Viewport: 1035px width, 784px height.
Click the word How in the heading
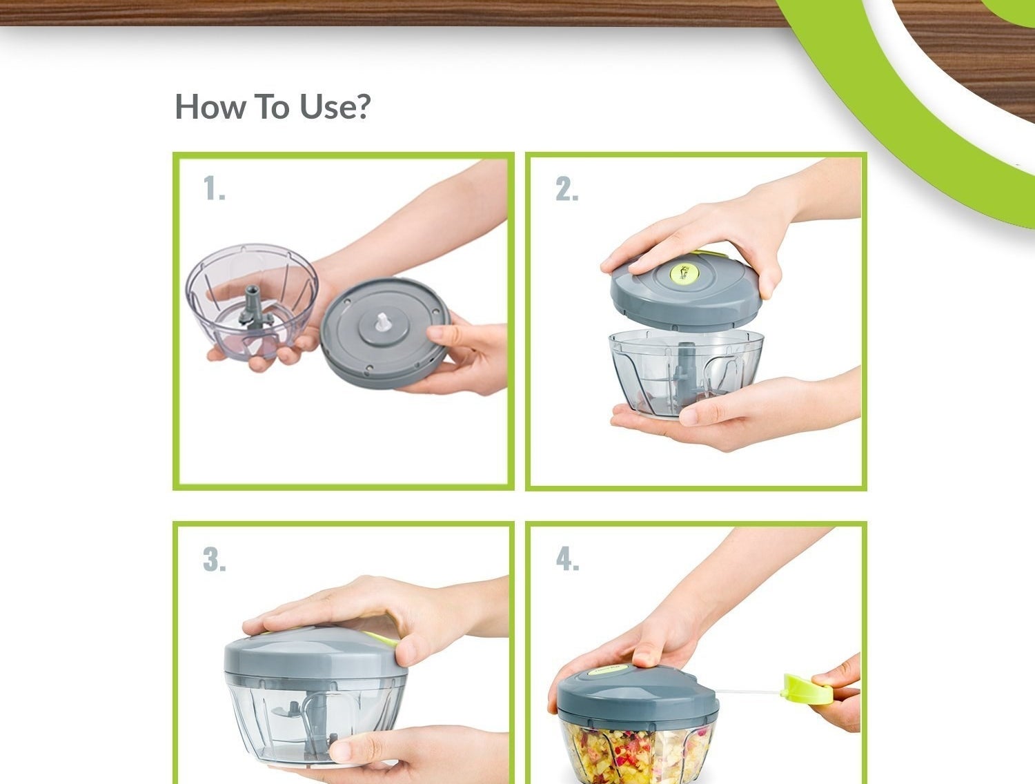coord(210,106)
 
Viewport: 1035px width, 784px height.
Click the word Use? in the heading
coord(335,106)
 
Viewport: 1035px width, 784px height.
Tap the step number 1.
coord(214,188)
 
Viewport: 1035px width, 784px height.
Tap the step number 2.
coord(566,188)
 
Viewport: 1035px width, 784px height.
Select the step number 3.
coord(215,560)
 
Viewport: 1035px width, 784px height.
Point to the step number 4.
coord(568,559)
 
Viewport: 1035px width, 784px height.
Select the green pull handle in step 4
coord(807,689)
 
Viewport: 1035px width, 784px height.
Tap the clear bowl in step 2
coord(686,373)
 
